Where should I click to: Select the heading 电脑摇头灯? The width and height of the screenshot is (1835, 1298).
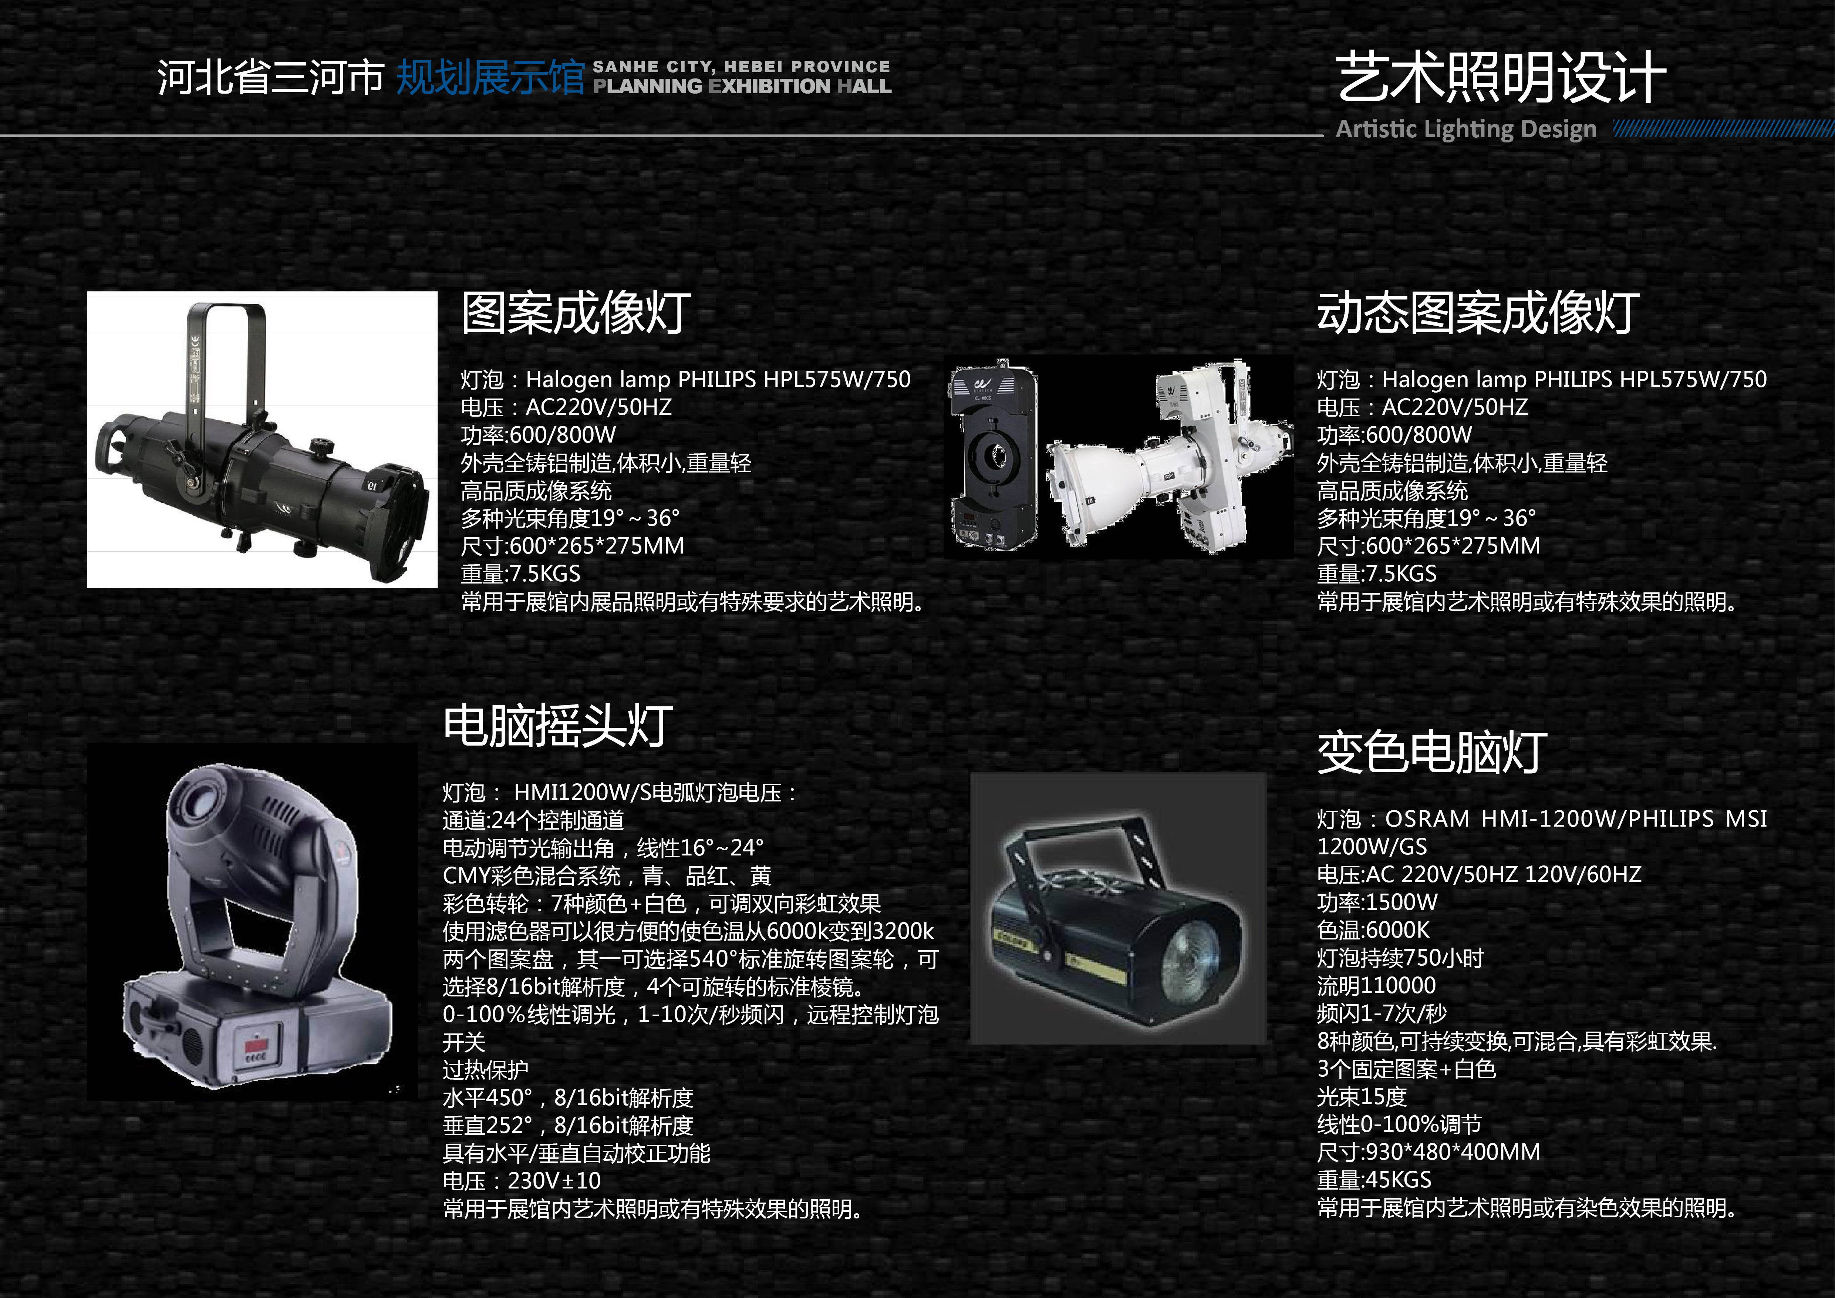558,727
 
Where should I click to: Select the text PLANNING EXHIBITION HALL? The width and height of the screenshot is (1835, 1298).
742,86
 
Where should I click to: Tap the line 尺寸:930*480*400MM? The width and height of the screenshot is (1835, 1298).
1428,1152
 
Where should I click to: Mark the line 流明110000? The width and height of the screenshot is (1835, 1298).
1376,985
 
